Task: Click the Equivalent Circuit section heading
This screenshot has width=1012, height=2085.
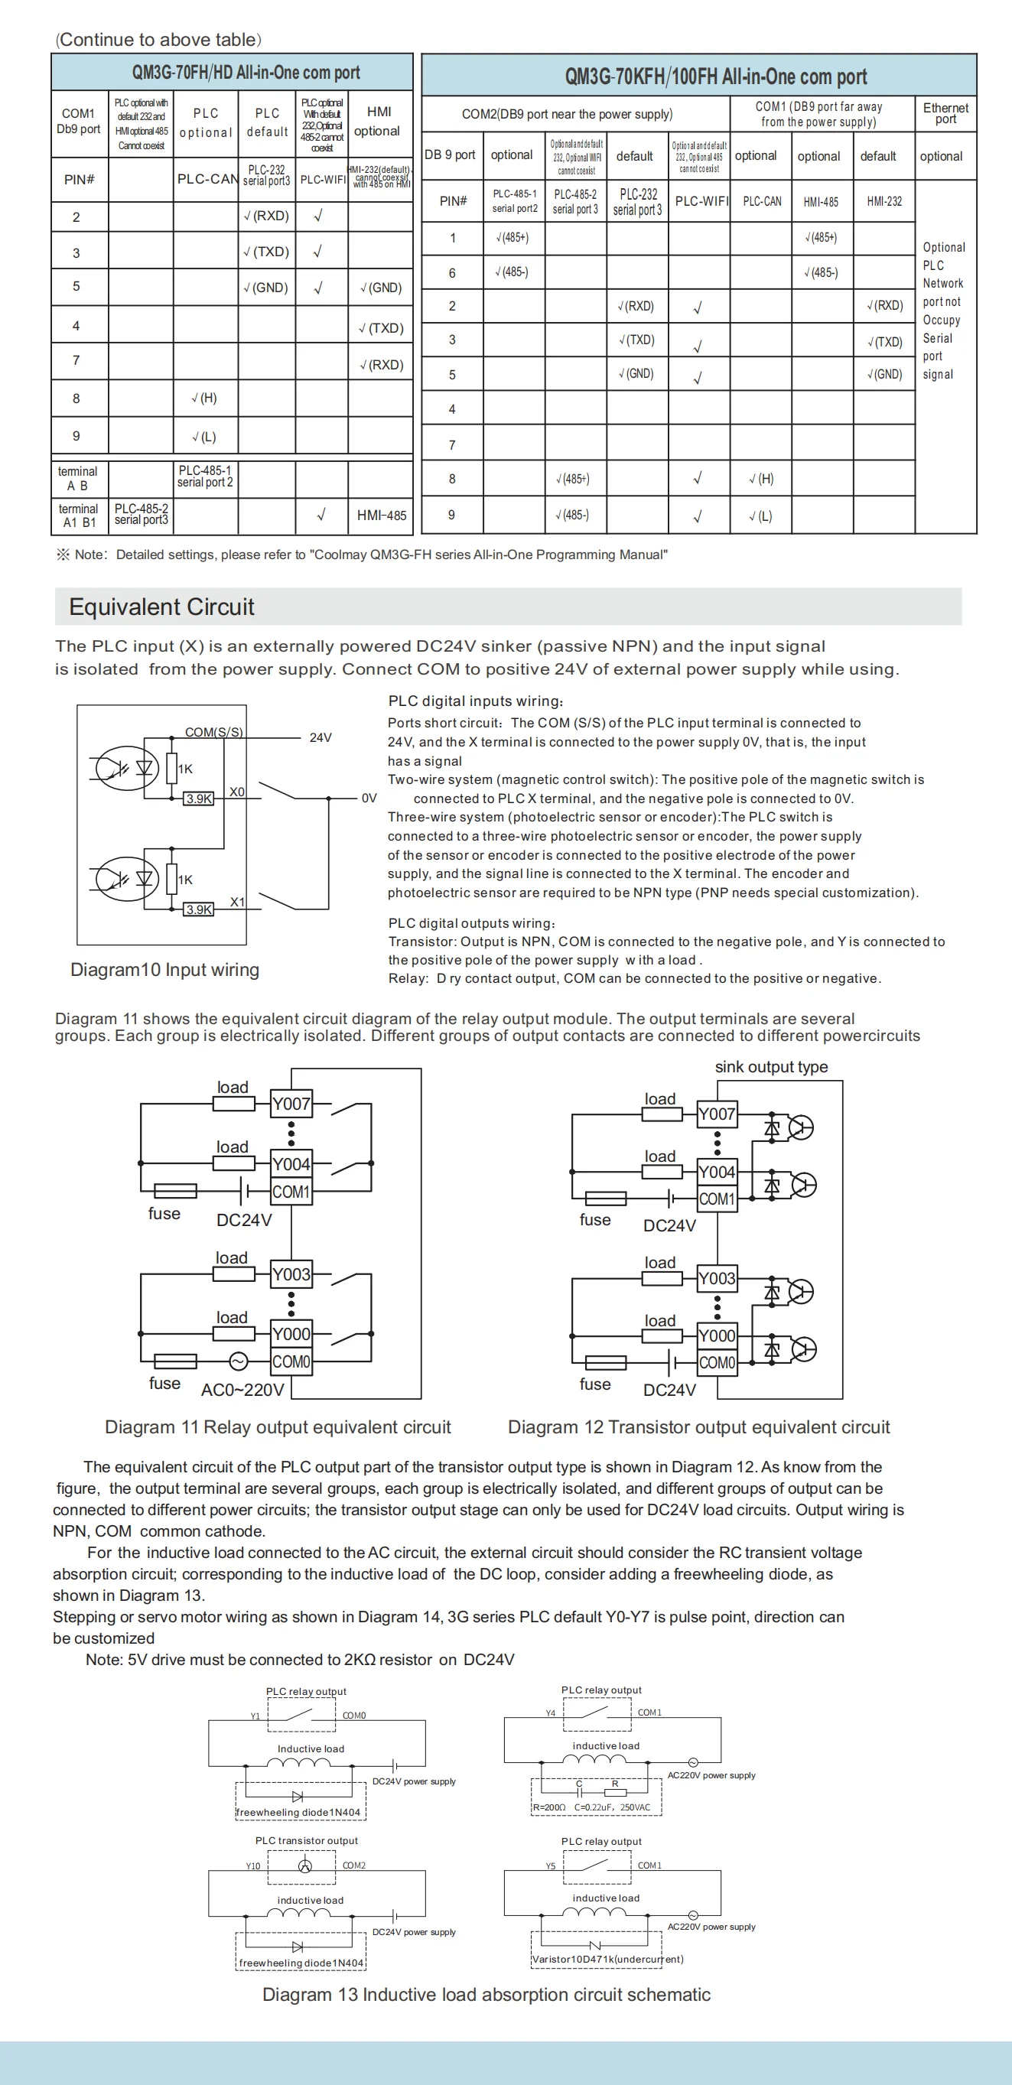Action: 161,607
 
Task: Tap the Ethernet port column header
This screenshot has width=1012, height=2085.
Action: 945,113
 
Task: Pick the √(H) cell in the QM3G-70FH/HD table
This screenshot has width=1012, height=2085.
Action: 204,398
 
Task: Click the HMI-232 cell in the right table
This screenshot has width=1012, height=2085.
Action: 883,201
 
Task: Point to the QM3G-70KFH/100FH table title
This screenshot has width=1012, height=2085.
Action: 715,77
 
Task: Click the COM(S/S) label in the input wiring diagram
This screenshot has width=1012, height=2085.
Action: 213,732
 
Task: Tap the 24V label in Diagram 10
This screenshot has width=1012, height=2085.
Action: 321,737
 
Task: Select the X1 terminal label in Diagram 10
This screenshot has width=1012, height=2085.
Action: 237,902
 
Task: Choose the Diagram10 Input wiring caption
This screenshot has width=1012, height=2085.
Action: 164,970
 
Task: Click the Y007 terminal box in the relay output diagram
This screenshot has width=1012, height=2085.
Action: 291,1103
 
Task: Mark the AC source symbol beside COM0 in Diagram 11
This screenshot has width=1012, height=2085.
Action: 238,1361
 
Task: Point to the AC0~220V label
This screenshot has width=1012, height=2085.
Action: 242,1390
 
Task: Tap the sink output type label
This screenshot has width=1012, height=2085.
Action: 771,1067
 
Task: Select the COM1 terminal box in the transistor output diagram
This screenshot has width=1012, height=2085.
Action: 717,1199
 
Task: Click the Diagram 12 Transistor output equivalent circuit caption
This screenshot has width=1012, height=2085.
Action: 698,1427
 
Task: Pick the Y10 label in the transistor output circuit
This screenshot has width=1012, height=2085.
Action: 253,1866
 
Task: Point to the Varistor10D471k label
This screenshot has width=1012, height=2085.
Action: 607,1960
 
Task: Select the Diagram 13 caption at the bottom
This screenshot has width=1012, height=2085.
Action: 486,1994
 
